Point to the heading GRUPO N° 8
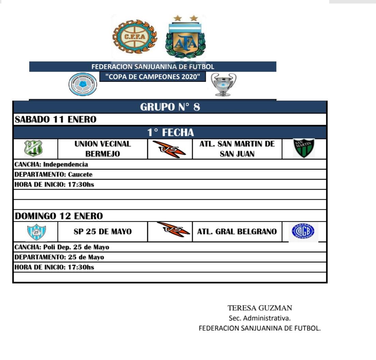(170, 107)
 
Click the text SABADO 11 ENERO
(56, 120)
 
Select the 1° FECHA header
(170, 132)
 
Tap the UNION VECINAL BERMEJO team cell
(103, 149)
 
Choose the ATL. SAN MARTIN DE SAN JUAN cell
(237, 149)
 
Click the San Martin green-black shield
(304, 148)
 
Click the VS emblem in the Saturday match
(170, 149)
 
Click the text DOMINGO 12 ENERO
(59, 216)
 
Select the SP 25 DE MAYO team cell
(103, 232)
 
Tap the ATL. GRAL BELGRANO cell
(237, 232)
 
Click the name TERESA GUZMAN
(260, 308)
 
